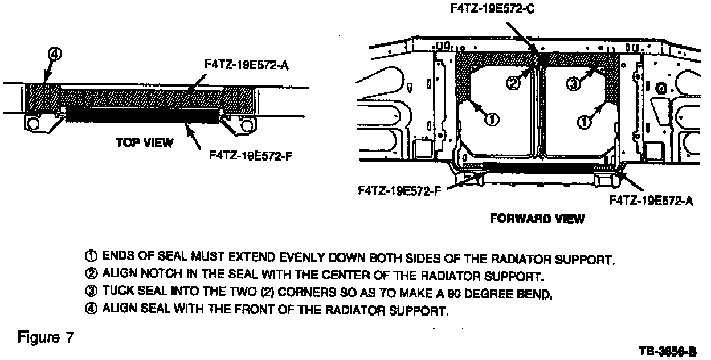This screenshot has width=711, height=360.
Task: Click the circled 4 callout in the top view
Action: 54,55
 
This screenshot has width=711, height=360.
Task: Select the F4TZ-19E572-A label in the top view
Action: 247,66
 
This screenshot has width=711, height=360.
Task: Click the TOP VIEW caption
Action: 145,142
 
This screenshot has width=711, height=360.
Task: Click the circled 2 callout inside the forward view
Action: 513,83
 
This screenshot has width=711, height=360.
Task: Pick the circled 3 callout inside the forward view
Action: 574,84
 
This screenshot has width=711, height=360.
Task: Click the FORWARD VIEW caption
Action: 537,219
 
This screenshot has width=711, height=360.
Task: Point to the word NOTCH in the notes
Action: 146,275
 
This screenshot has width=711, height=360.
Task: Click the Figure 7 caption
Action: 46,337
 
